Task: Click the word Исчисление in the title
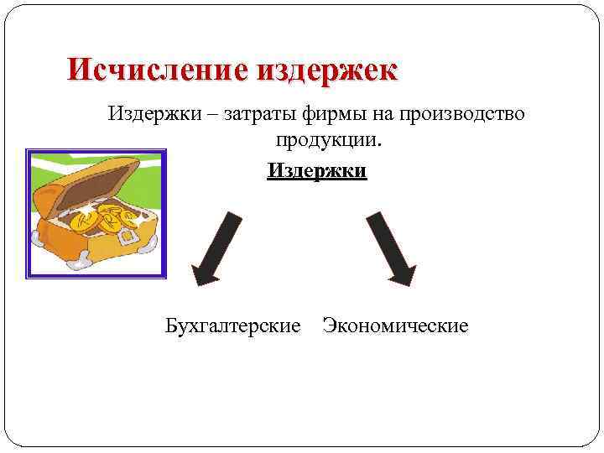pos(157,70)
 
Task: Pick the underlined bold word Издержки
pos(317,170)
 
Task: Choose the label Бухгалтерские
pos(232,325)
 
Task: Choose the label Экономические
pos(395,325)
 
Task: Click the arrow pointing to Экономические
pos(391,248)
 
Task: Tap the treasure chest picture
pos(96,213)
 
